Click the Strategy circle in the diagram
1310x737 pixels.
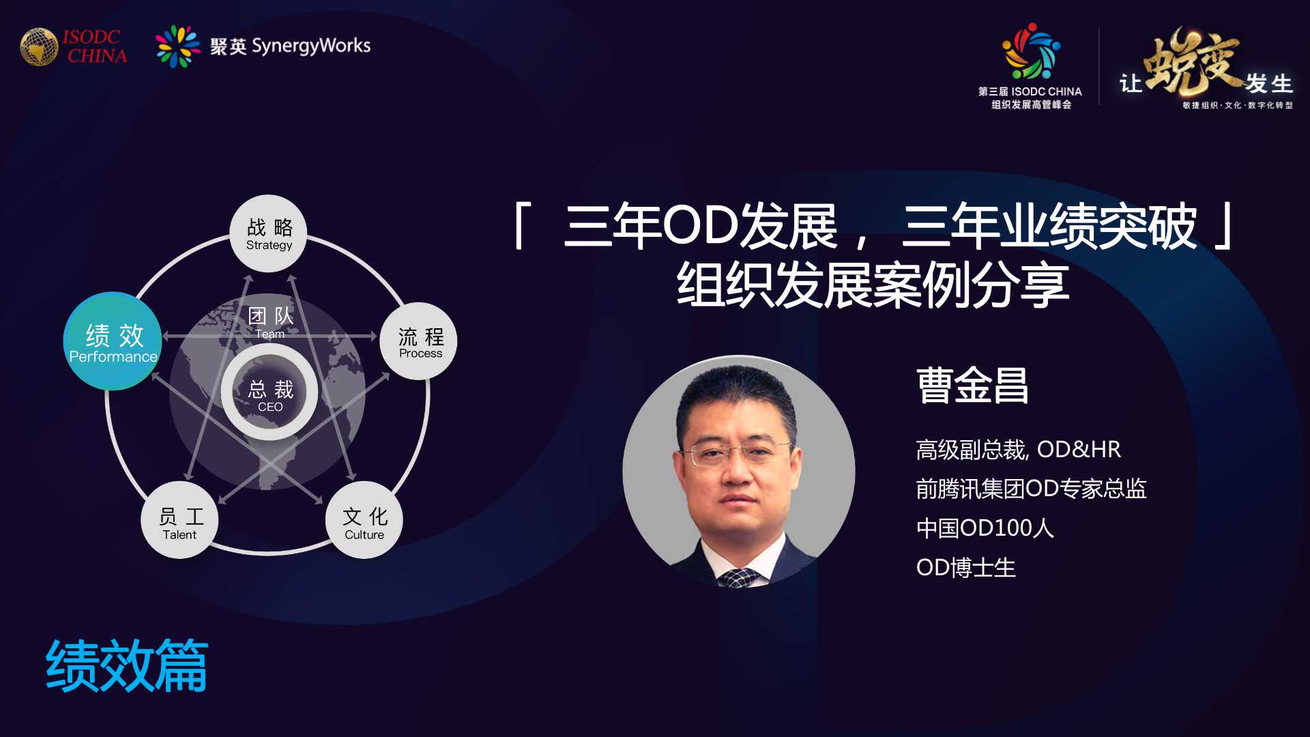click(269, 233)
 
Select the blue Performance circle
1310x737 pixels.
click(113, 341)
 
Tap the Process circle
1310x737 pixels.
click(419, 341)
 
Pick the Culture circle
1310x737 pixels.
click(364, 520)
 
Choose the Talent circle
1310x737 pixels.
click(179, 520)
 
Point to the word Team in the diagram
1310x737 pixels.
click(270, 334)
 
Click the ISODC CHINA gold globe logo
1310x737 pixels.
click(39, 46)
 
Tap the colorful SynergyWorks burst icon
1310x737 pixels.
click(177, 46)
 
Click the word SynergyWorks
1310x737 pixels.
click(311, 46)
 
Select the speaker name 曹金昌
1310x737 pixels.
click(972, 386)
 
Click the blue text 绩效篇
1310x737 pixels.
click(127, 666)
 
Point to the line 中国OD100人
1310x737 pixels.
click(985, 528)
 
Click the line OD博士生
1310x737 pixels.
click(965, 568)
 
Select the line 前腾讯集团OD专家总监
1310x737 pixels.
click(1031, 489)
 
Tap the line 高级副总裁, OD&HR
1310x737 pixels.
click(1018, 450)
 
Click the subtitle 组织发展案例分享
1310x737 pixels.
click(873, 285)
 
